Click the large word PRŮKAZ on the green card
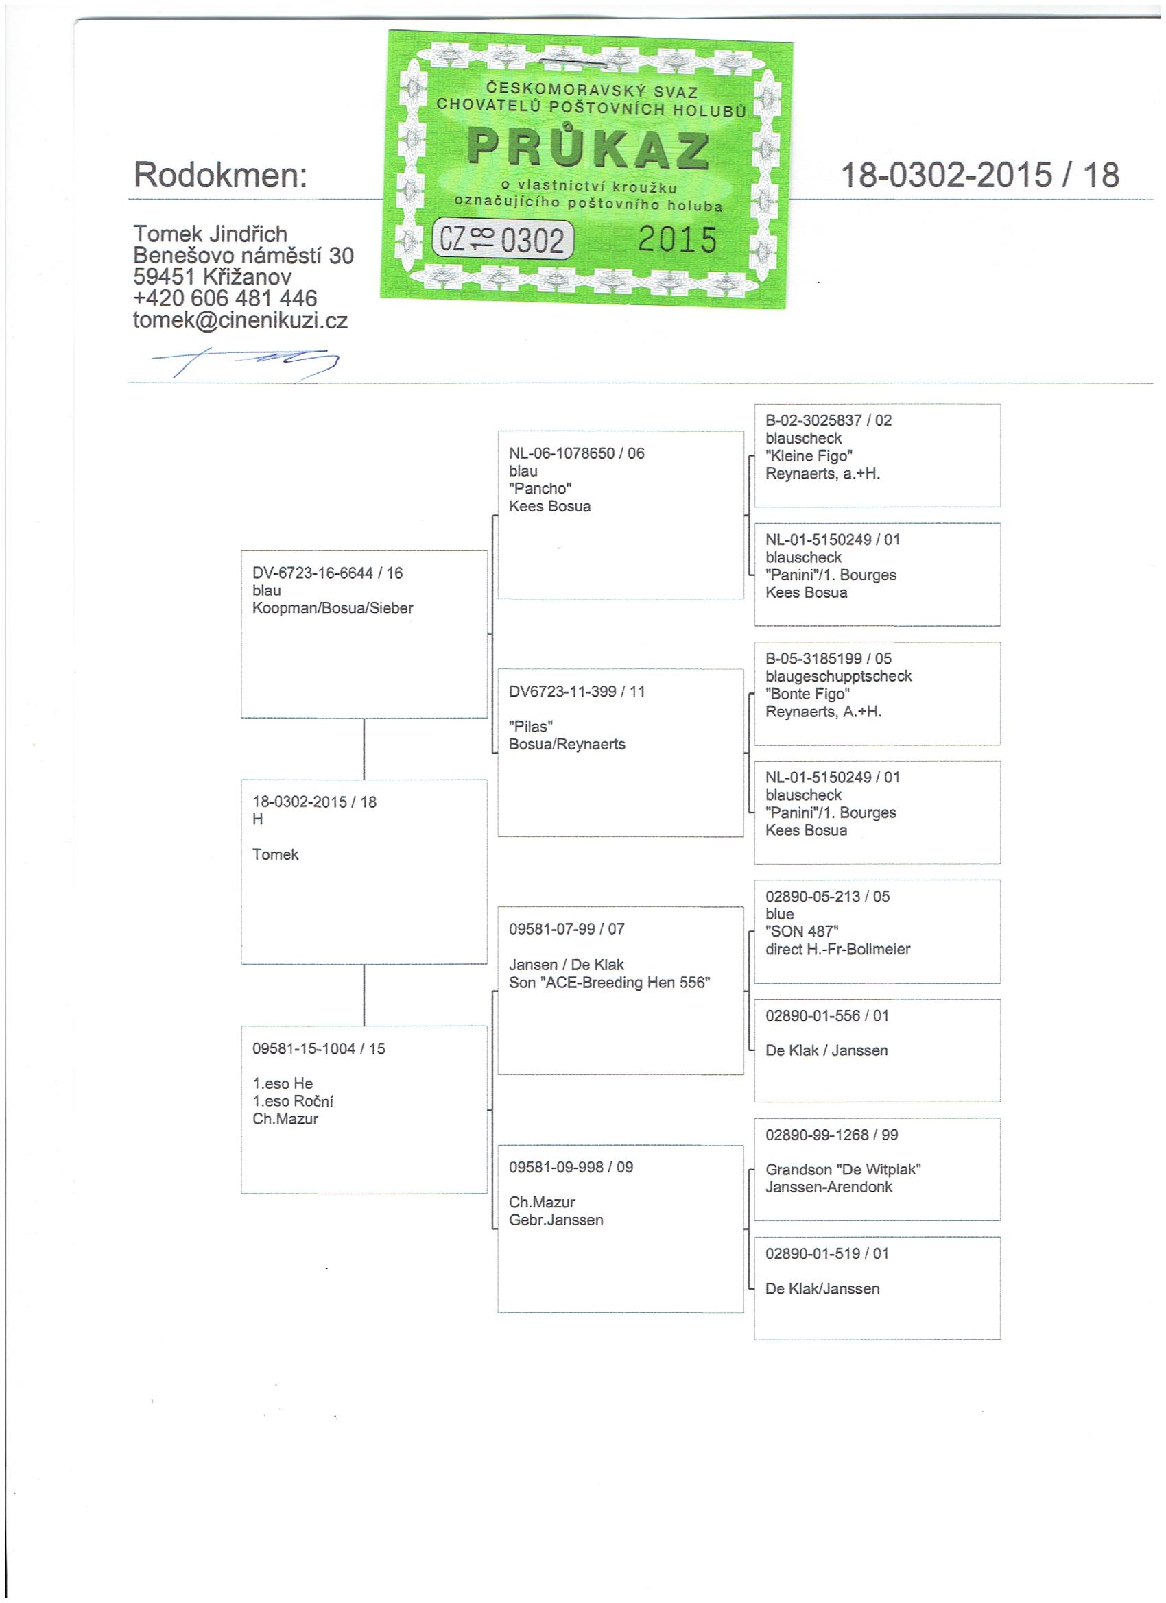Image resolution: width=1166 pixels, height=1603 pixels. (588, 149)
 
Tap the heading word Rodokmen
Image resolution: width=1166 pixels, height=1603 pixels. (221, 175)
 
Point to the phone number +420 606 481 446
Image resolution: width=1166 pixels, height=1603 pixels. (225, 298)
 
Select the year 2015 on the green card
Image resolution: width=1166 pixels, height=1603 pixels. (678, 240)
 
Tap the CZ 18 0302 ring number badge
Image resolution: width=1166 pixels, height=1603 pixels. (502, 241)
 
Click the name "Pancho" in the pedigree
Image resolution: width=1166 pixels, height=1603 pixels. (540, 488)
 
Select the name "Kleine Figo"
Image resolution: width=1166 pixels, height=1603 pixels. (809, 456)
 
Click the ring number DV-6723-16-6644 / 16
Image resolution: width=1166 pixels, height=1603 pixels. (327, 572)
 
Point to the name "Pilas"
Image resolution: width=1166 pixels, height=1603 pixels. (530, 726)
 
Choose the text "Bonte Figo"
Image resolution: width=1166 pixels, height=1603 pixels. (807, 693)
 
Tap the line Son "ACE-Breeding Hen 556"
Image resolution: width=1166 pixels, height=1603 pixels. (610, 983)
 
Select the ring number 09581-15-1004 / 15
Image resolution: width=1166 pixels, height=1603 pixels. (319, 1048)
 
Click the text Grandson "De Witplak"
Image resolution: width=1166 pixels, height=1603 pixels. (843, 1170)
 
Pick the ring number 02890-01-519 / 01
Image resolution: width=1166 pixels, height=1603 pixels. (826, 1253)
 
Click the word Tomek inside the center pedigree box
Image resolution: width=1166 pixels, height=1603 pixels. (275, 854)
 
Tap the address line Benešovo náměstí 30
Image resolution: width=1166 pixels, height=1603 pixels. (243, 255)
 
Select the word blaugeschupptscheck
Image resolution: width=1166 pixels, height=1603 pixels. (839, 676)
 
